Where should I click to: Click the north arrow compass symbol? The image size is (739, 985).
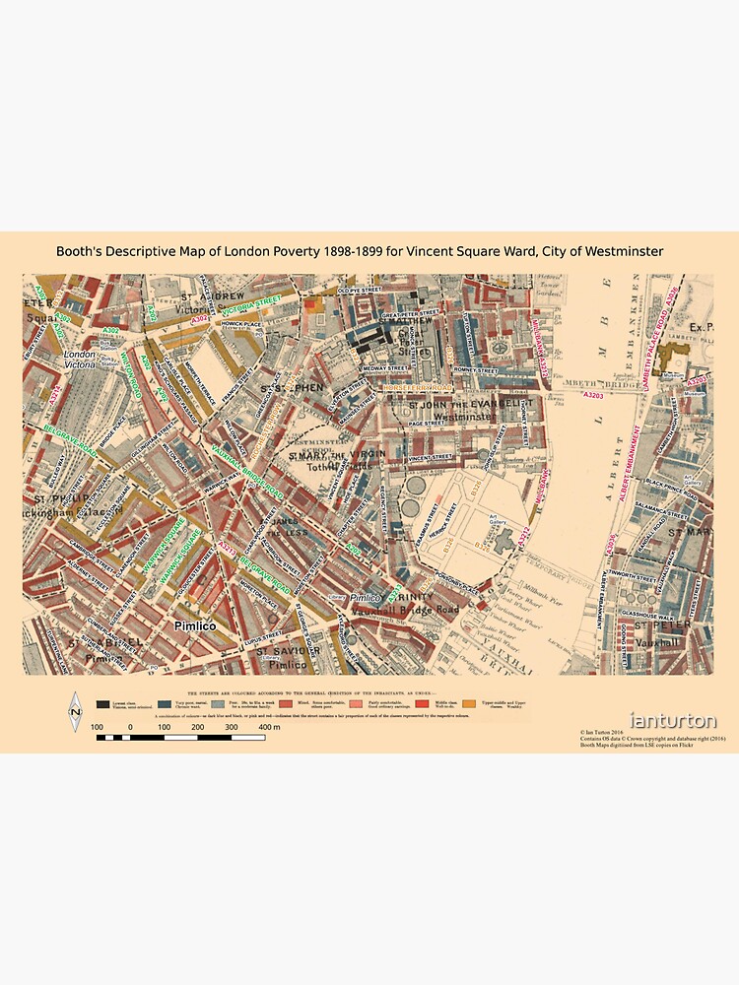coord(76,710)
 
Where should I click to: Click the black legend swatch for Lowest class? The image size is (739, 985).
coord(103,703)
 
